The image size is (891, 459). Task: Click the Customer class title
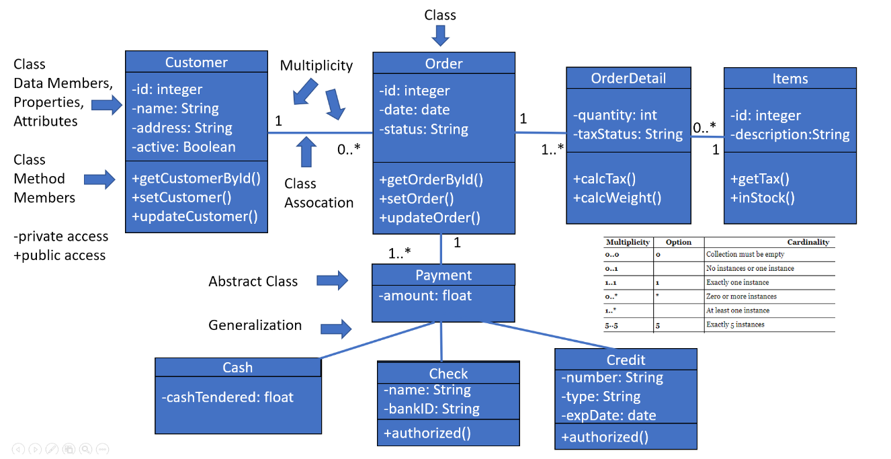click(x=196, y=62)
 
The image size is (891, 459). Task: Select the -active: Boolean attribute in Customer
click(x=183, y=147)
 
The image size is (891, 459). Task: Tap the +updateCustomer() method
click(x=195, y=216)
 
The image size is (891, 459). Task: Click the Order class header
click(x=443, y=64)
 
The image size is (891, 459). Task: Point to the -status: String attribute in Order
click(x=423, y=129)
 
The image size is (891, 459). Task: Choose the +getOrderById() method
click(x=431, y=179)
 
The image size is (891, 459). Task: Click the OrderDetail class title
click(x=628, y=78)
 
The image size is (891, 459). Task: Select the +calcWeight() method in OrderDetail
click(x=617, y=198)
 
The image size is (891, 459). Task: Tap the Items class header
click(x=790, y=79)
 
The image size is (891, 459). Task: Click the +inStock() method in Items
click(x=762, y=198)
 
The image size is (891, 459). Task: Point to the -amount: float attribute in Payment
click(x=425, y=295)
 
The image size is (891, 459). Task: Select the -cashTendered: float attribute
click(x=227, y=397)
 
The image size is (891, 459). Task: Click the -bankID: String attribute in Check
click(x=431, y=409)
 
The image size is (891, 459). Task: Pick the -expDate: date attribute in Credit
click(x=608, y=415)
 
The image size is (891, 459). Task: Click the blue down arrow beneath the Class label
click(x=440, y=34)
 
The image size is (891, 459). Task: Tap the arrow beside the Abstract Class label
click(x=333, y=281)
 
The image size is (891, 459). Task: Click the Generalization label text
click(x=255, y=325)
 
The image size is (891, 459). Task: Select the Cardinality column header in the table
click(x=808, y=242)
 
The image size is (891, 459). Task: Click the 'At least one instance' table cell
click(x=738, y=310)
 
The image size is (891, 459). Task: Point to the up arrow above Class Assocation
click(x=307, y=152)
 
